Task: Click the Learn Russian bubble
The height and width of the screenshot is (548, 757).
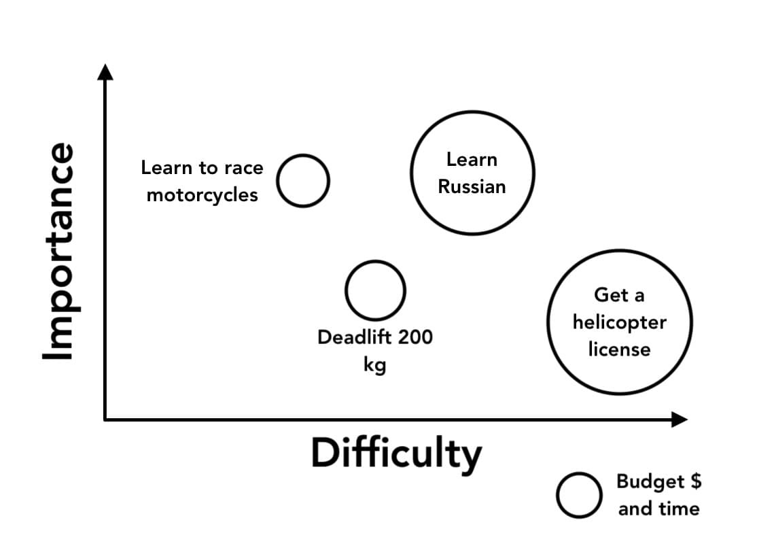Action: coord(472,173)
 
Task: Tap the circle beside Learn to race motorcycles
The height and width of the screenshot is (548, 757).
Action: coord(303,180)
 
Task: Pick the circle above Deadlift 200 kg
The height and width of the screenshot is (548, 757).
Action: coord(375,290)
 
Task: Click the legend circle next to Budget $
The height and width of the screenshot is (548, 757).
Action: coord(578,495)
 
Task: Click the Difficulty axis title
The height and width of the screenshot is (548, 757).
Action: coord(396,453)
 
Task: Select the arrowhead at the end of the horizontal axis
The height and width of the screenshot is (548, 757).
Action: coord(679,419)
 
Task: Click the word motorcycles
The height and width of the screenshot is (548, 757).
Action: coord(202,195)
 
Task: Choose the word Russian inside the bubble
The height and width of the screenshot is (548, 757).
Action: coord(472,187)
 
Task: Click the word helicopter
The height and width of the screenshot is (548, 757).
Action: coord(619,322)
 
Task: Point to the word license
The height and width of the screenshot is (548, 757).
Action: coord(619,349)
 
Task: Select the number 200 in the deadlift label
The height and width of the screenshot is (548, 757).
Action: coord(415,337)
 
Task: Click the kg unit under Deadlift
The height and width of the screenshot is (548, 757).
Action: coord(374,365)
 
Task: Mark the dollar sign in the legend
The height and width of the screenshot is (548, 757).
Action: coord(694,481)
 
